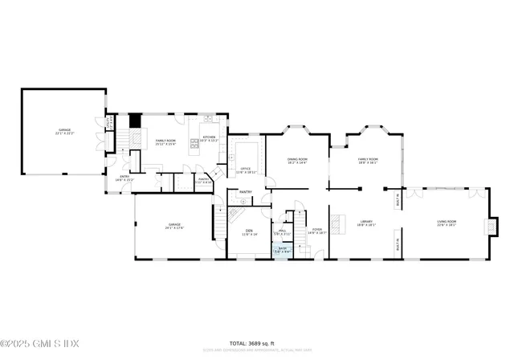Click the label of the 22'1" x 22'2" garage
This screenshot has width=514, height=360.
click(x=64, y=131)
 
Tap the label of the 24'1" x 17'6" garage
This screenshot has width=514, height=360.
click(x=174, y=226)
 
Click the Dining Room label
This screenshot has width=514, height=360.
click(x=297, y=161)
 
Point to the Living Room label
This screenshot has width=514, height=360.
click(x=446, y=223)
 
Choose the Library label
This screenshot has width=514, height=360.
click(x=366, y=223)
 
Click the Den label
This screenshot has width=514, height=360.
click(x=249, y=232)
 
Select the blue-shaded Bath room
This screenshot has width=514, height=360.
click(x=282, y=250)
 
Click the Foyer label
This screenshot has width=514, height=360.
click(x=316, y=231)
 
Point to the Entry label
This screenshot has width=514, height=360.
click(x=125, y=178)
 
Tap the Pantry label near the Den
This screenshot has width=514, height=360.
click(x=246, y=192)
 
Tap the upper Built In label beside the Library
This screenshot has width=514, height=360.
click(x=398, y=198)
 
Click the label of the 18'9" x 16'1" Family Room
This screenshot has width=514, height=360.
click(x=369, y=161)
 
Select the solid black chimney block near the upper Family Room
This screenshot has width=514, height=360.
click(x=135, y=122)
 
